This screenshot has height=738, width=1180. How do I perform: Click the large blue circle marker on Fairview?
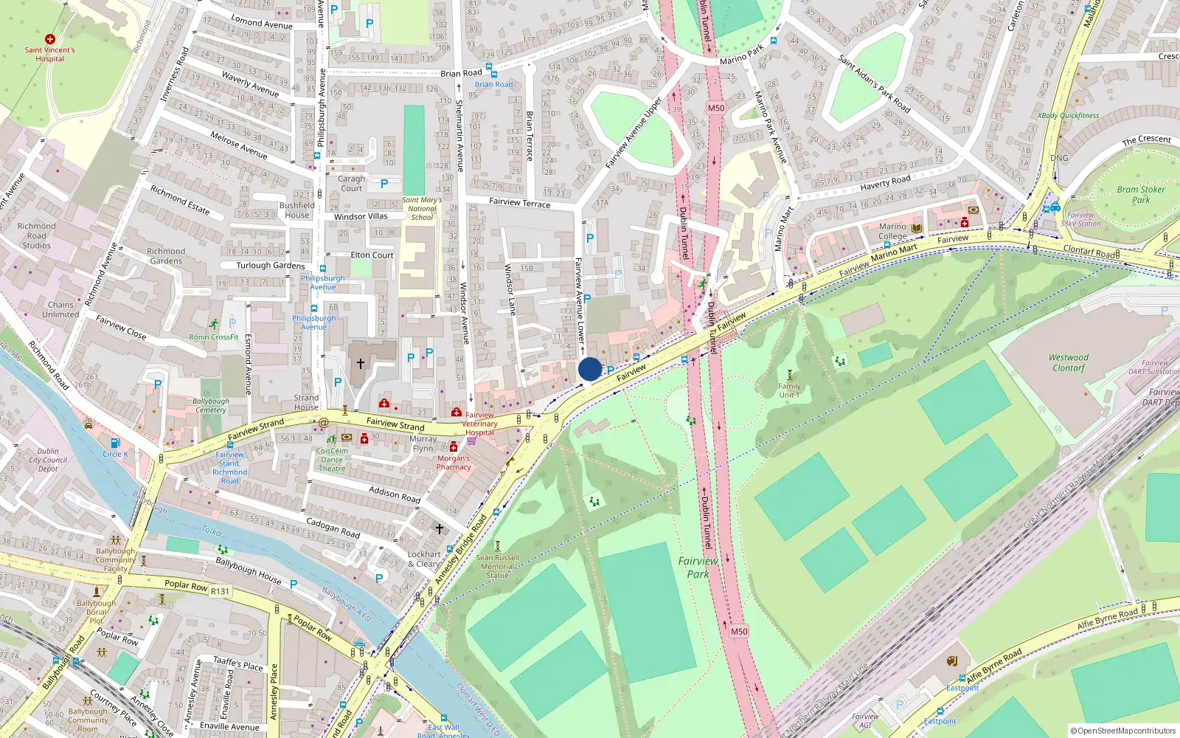point(590,369)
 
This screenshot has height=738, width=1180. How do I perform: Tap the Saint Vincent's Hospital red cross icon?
point(50,38)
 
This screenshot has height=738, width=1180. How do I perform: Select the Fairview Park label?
point(698,568)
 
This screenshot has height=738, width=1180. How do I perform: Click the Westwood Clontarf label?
point(1069,362)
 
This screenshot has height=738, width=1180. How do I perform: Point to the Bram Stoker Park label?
point(1141,194)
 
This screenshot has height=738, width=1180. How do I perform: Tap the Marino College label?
point(892,231)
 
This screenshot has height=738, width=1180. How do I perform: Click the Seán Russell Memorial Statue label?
point(497,566)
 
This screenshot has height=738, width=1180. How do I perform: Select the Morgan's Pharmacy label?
point(454,462)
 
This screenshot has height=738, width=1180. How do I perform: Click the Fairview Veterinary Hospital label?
point(479,424)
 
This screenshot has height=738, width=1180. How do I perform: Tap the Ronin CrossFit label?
point(214,337)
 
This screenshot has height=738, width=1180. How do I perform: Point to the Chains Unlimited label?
point(60,309)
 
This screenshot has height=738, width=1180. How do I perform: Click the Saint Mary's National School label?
point(422,208)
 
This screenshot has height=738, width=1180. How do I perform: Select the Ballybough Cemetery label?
point(211,405)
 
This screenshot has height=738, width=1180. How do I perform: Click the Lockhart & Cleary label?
point(424,559)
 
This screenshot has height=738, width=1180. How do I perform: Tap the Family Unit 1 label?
point(789,390)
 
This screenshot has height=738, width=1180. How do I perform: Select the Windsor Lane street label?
point(510,289)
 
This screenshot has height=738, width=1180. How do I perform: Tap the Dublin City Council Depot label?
point(48,460)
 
